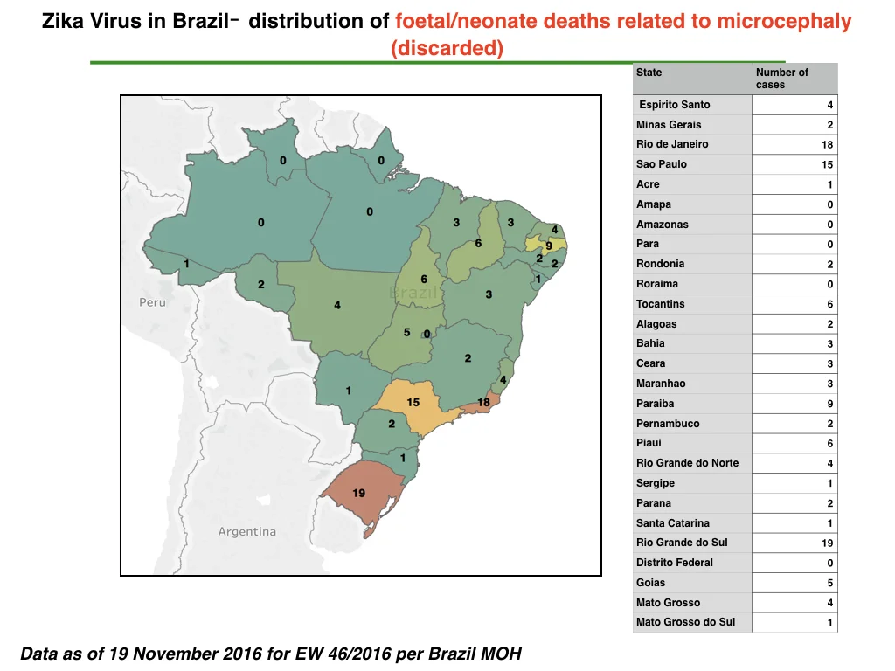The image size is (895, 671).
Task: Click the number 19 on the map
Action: tap(358, 493)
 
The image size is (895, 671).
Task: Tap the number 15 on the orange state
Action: tap(413, 402)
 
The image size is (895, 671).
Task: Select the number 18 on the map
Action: tap(483, 402)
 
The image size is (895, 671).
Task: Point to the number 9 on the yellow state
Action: tap(549, 246)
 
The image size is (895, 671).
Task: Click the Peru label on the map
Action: tap(152, 302)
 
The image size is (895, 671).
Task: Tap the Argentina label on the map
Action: tap(247, 532)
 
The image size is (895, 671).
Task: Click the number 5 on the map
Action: tap(407, 332)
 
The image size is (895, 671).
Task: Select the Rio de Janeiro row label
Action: tap(672, 144)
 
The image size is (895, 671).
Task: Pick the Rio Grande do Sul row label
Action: tap(682, 543)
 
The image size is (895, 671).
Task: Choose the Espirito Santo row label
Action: tap(675, 105)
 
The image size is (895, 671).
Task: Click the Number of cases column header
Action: tap(782, 78)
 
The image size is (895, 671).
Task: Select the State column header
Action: tap(649, 73)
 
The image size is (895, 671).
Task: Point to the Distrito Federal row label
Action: tap(675, 563)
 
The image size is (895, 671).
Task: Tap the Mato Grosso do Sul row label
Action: tap(685, 622)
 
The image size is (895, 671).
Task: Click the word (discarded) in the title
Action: tap(447, 48)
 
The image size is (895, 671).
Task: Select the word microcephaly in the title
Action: tap(784, 22)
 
